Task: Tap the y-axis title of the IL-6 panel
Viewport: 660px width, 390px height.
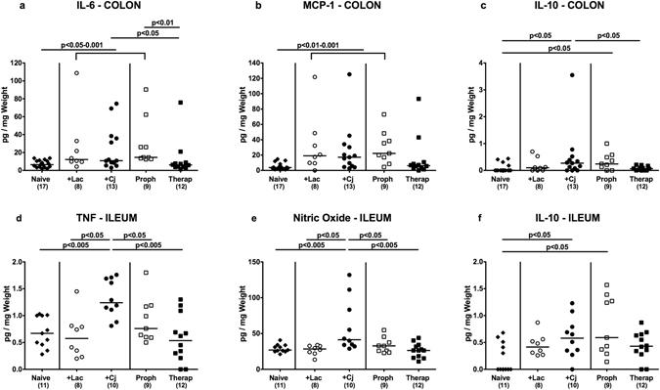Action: [x=7, y=115]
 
